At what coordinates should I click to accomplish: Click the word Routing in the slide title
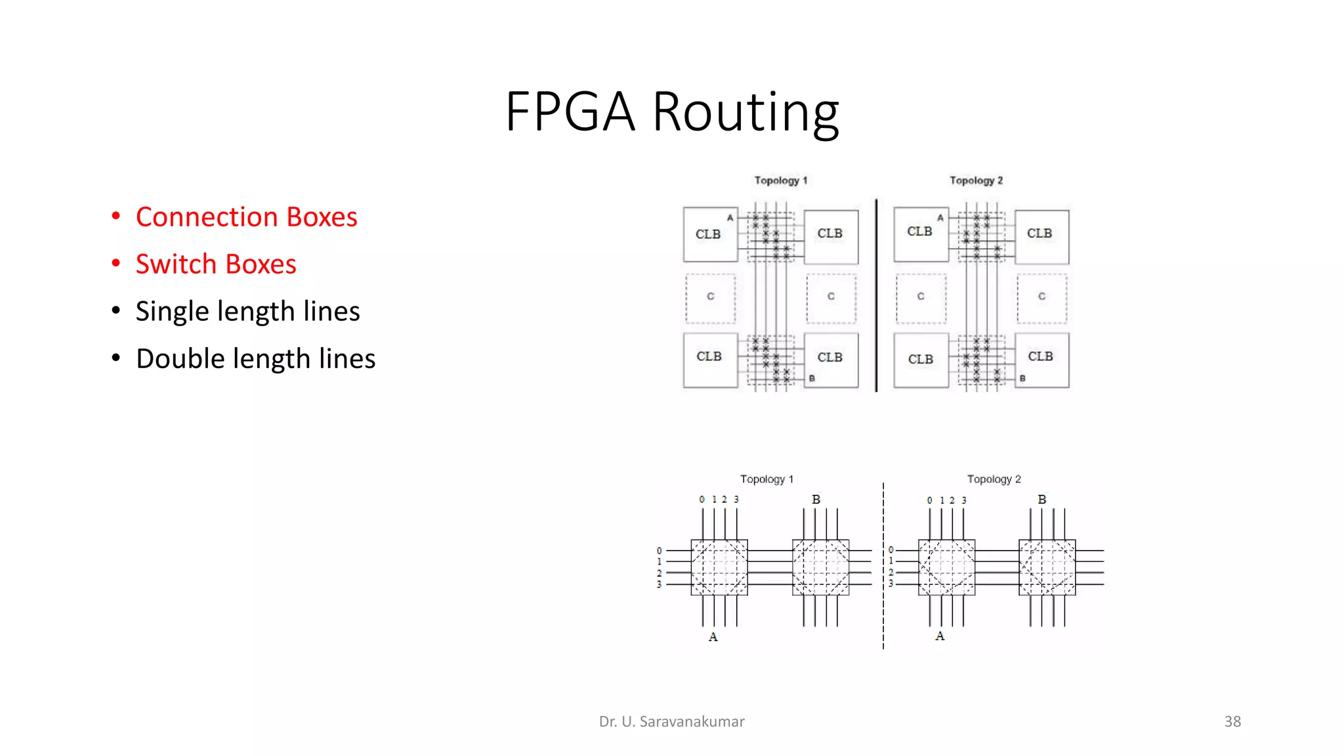point(745,113)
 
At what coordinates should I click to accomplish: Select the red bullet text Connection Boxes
point(246,217)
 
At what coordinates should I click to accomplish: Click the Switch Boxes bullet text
point(216,264)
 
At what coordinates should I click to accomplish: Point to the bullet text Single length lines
point(247,312)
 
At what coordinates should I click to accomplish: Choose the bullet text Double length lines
point(255,359)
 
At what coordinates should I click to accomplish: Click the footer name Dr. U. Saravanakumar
point(671,722)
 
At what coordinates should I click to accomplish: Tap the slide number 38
point(1232,722)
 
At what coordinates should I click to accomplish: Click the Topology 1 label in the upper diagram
point(780,180)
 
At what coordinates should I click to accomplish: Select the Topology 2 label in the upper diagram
point(976,180)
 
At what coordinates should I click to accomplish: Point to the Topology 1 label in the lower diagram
point(766,479)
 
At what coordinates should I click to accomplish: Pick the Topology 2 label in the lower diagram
point(994,479)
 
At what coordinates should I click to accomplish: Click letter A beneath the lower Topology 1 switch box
point(713,637)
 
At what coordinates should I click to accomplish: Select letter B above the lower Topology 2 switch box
point(1041,499)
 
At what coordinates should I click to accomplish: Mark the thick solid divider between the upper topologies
point(876,295)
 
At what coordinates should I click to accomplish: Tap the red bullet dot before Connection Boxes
point(116,217)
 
